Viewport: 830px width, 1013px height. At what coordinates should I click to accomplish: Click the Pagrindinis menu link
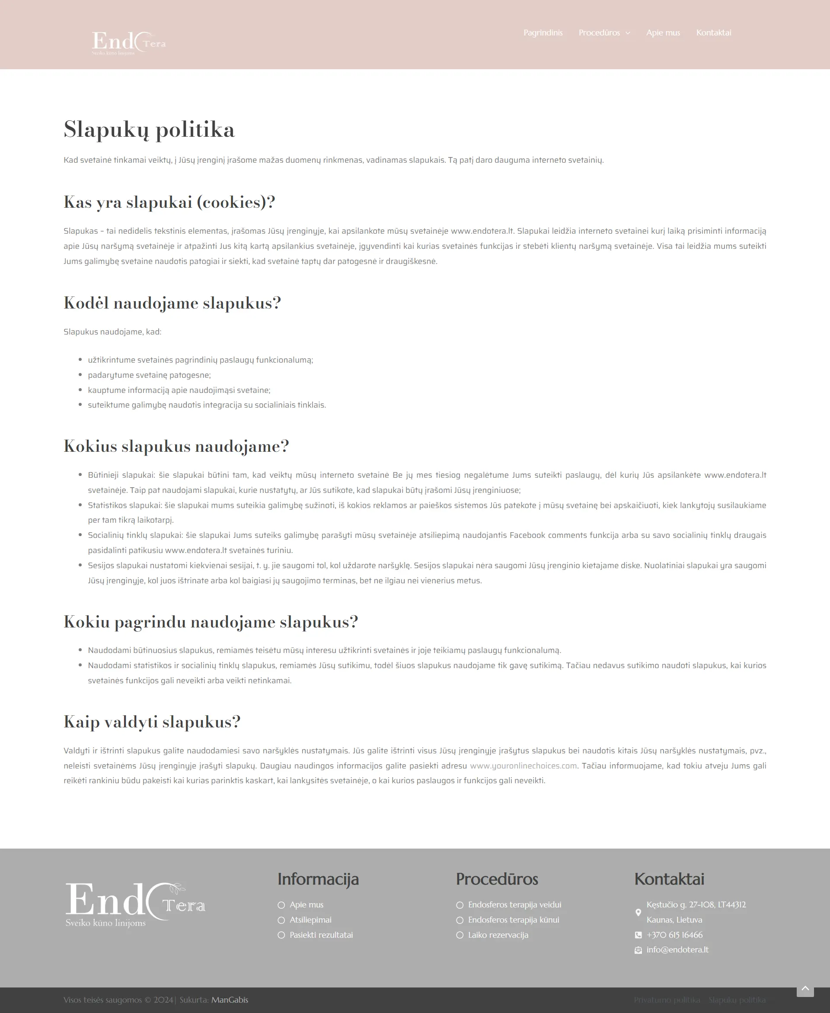tap(543, 32)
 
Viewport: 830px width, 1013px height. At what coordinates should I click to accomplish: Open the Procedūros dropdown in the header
tap(604, 32)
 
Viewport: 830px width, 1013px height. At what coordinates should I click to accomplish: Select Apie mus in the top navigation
tap(663, 32)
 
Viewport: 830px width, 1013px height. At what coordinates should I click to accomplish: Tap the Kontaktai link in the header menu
tap(713, 32)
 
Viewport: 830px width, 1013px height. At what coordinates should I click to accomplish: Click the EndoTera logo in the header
tap(129, 42)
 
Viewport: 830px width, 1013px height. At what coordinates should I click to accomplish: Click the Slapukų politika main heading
tap(149, 130)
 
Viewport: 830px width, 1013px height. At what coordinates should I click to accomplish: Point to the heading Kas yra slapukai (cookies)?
tap(169, 202)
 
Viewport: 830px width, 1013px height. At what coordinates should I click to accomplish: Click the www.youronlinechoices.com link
tap(523, 765)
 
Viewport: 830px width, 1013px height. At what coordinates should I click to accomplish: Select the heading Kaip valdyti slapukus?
tap(152, 722)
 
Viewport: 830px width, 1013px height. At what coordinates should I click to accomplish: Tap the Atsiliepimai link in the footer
tap(310, 920)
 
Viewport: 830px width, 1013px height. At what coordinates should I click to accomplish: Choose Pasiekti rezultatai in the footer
tap(321, 935)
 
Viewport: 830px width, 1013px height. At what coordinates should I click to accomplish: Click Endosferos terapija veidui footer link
tap(514, 904)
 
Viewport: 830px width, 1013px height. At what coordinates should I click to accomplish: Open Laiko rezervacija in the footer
tap(498, 935)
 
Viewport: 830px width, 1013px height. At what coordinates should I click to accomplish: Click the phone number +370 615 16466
tap(674, 935)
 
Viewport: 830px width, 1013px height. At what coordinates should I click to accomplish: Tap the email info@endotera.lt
tap(677, 950)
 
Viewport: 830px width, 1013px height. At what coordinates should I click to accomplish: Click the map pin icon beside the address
tap(638, 912)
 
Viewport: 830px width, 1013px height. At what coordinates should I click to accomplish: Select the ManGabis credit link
tap(230, 1000)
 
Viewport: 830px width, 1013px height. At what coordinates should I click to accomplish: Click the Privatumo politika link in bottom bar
tap(667, 1000)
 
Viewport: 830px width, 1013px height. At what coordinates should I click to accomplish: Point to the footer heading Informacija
tap(318, 879)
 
